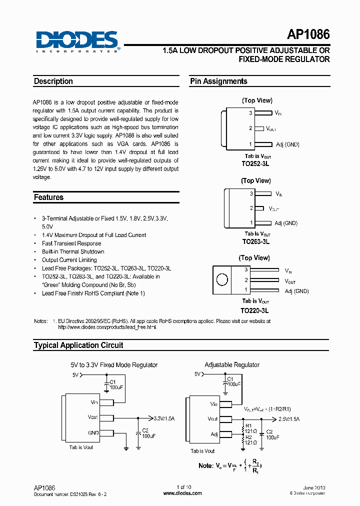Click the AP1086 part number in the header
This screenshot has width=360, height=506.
(x=308, y=35)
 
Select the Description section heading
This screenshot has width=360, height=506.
(x=53, y=81)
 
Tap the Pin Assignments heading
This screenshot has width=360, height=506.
(x=218, y=81)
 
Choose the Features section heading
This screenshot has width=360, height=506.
(x=48, y=197)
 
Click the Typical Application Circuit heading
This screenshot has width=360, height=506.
(x=78, y=345)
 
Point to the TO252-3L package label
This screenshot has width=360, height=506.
(x=255, y=163)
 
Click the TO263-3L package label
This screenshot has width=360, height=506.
(x=255, y=241)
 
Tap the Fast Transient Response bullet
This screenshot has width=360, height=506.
(x=71, y=243)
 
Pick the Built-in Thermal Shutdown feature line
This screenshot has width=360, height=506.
(x=73, y=252)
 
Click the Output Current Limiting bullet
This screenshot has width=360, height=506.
(x=69, y=260)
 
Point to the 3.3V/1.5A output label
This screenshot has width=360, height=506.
(x=164, y=418)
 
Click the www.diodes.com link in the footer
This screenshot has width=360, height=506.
(x=182, y=493)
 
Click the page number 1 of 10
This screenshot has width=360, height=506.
(x=183, y=487)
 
